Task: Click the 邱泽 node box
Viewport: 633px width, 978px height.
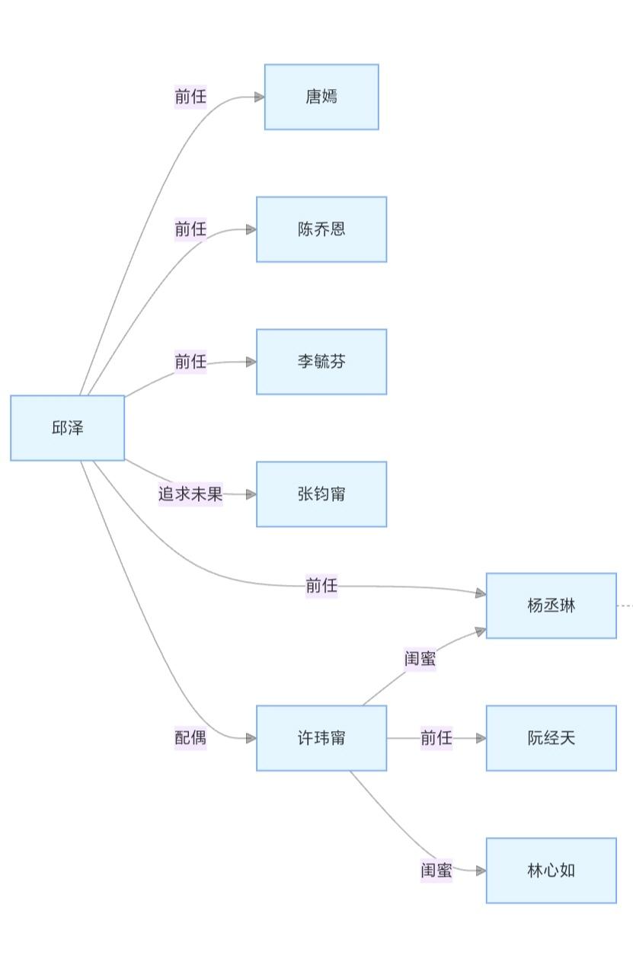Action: pos(67,428)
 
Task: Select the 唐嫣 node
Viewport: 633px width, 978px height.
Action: pos(321,97)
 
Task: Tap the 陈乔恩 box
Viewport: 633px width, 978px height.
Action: pos(321,229)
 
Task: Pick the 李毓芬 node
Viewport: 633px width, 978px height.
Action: pos(321,362)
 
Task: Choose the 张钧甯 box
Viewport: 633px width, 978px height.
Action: pos(321,494)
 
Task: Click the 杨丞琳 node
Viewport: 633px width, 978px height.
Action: pos(551,606)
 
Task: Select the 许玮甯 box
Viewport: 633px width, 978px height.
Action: pos(321,738)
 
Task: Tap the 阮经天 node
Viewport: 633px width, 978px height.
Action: pos(551,738)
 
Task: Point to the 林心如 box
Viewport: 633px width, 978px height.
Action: pos(551,871)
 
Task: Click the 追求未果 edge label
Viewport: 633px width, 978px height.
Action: pos(190,494)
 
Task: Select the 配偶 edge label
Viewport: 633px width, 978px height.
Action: pos(190,737)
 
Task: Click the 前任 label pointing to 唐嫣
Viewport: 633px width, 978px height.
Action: pos(190,97)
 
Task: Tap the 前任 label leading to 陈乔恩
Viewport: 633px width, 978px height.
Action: pos(190,229)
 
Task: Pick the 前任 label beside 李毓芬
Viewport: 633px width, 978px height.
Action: pos(190,361)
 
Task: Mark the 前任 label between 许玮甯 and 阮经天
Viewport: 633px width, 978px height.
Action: pos(436,738)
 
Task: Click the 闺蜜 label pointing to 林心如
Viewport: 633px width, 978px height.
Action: pos(436,870)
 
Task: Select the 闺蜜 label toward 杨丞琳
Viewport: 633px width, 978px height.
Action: pos(420,658)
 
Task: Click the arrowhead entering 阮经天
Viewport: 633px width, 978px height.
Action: pos(481,738)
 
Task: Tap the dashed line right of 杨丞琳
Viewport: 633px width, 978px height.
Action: pos(625,606)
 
